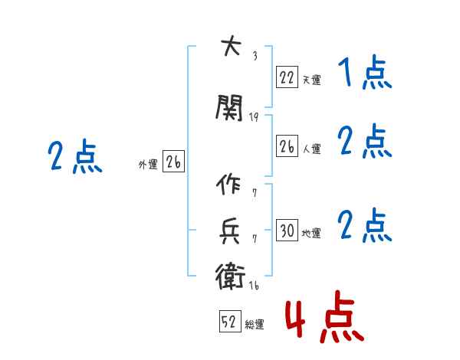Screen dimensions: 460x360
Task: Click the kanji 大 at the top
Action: pos(232,45)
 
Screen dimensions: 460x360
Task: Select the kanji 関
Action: pos(229,108)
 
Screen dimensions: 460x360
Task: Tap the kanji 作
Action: pos(228,184)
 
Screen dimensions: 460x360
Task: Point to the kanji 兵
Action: pos(229,231)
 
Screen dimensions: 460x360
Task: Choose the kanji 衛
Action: pos(230,277)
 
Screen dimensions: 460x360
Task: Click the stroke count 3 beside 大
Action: pos(255,56)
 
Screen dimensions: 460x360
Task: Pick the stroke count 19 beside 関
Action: pos(254,117)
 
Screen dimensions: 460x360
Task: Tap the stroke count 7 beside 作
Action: pos(255,193)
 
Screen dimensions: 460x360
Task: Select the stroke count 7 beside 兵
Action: pos(255,239)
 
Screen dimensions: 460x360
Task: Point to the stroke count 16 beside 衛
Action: pos(254,285)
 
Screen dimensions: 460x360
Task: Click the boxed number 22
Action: pos(287,77)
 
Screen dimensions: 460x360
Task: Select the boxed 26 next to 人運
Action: pos(287,146)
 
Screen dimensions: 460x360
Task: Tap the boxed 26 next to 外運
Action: pos(173,161)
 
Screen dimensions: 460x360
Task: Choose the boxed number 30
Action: pos(287,230)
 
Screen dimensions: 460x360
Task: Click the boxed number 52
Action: pos(230,321)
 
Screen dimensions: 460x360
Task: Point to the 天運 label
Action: pos(312,80)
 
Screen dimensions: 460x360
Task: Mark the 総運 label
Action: pos(255,324)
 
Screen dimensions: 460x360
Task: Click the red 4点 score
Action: pos(324,316)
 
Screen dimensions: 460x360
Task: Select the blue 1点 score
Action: pos(365,73)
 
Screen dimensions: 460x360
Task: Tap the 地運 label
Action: pos(311,233)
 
